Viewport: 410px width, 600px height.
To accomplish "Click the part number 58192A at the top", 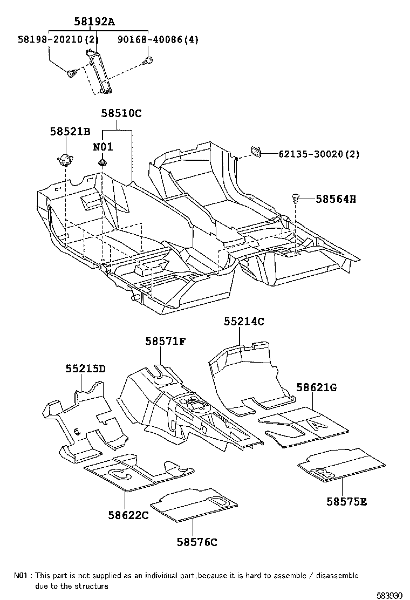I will (x=94, y=22).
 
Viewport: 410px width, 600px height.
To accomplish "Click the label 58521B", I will (x=70, y=131).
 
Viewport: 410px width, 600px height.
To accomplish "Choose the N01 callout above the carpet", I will (x=102, y=147).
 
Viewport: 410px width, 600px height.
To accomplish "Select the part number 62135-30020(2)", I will (x=319, y=154).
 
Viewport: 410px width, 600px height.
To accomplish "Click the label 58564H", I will (x=336, y=200).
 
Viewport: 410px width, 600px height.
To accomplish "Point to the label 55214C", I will (x=244, y=321).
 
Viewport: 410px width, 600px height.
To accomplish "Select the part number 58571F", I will (x=165, y=341).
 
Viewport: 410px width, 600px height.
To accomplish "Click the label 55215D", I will (x=85, y=369).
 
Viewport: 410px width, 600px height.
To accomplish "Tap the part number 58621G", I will (x=316, y=387).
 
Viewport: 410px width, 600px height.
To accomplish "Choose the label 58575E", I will (x=346, y=501).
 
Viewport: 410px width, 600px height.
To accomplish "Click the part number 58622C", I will (x=127, y=516).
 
